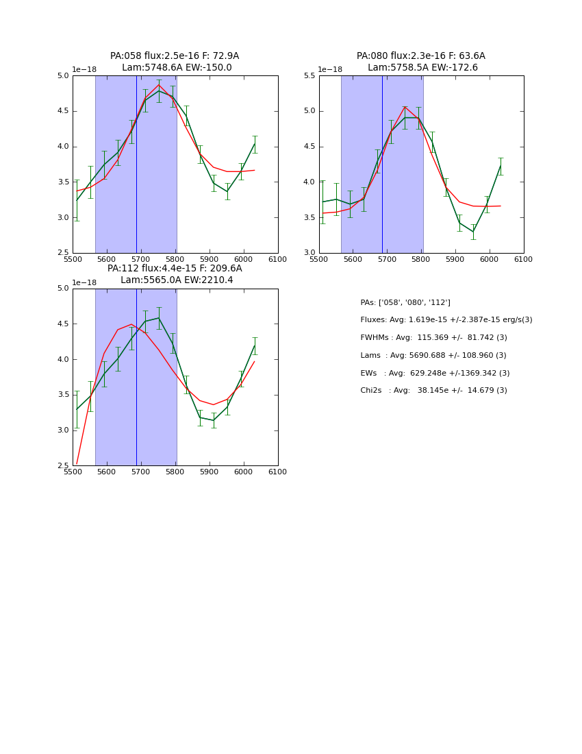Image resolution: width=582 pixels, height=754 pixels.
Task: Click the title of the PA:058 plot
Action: pyautogui.click(x=175, y=62)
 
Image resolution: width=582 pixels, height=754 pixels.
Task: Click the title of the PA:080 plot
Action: pyautogui.click(x=421, y=62)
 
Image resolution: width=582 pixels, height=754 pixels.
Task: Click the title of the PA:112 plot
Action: pyautogui.click(x=175, y=274)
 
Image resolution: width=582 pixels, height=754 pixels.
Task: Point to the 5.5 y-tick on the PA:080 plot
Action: pyautogui.click(x=309, y=75)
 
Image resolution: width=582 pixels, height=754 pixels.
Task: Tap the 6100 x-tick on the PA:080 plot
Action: pyautogui.click(x=524, y=259)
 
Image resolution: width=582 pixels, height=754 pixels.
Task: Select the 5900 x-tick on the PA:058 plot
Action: pyautogui.click(x=210, y=259)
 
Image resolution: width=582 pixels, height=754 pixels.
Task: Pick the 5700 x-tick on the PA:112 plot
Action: pyautogui.click(x=141, y=472)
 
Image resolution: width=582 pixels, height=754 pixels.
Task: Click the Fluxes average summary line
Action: pyautogui.click(x=446, y=320)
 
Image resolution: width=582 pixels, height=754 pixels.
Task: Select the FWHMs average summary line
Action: pyautogui.click(x=433, y=338)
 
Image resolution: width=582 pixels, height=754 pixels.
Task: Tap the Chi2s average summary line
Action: pyautogui.click(x=433, y=391)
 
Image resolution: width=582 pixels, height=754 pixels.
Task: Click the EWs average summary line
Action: pyautogui.click(x=435, y=374)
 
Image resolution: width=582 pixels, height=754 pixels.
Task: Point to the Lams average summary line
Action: pyautogui.click(x=433, y=356)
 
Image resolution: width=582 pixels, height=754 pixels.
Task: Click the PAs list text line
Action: pyautogui.click(x=405, y=302)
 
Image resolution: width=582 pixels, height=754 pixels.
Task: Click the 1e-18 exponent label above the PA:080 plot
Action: pyautogui.click(x=330, y=69)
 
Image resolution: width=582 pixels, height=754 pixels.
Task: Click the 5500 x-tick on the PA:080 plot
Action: pyautogui.click(x=319, y=259)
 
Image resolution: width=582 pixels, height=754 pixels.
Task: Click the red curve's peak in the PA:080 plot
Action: pyautogui.click(x=405, y=106)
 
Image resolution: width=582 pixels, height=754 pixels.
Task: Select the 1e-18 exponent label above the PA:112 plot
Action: pyautogui.click(x=84, y=282)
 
